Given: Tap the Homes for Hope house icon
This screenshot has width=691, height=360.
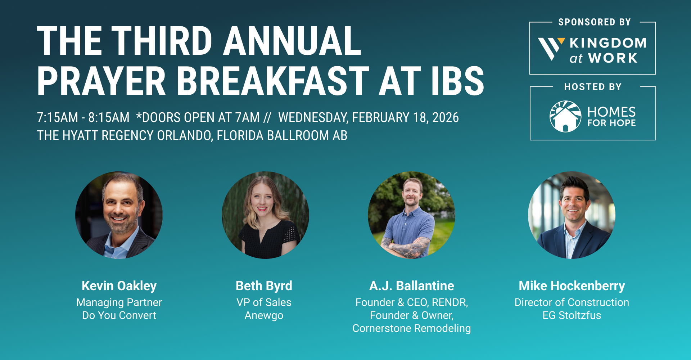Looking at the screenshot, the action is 565,116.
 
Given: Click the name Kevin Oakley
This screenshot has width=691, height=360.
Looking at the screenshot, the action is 119,286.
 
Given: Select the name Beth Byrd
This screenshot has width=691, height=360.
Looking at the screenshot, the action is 264,286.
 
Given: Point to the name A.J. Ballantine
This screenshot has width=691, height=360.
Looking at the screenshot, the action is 412,286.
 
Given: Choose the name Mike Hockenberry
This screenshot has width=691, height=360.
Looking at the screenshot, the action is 572,286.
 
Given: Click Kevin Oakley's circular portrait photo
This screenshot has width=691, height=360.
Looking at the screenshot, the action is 119,215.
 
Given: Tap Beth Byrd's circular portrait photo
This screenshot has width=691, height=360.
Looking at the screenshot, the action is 265,215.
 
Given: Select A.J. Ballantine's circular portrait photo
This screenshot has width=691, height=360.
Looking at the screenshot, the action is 411,215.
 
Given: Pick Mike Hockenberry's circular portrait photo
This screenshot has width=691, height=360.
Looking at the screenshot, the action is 572,215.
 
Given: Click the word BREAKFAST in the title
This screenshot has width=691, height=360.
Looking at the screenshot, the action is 273,81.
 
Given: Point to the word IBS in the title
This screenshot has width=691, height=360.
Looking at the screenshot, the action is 458,81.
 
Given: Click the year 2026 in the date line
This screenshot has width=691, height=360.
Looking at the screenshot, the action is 446,118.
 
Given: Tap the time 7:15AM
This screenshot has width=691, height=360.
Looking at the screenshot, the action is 58,118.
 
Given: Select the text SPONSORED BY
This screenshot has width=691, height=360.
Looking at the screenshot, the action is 595,22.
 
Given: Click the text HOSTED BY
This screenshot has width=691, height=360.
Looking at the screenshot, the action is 593,87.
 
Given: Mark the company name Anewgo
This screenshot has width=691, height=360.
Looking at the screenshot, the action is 264,316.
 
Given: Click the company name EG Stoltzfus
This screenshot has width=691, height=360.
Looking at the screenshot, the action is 572,315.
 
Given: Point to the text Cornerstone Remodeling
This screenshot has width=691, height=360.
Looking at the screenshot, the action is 412,329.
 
